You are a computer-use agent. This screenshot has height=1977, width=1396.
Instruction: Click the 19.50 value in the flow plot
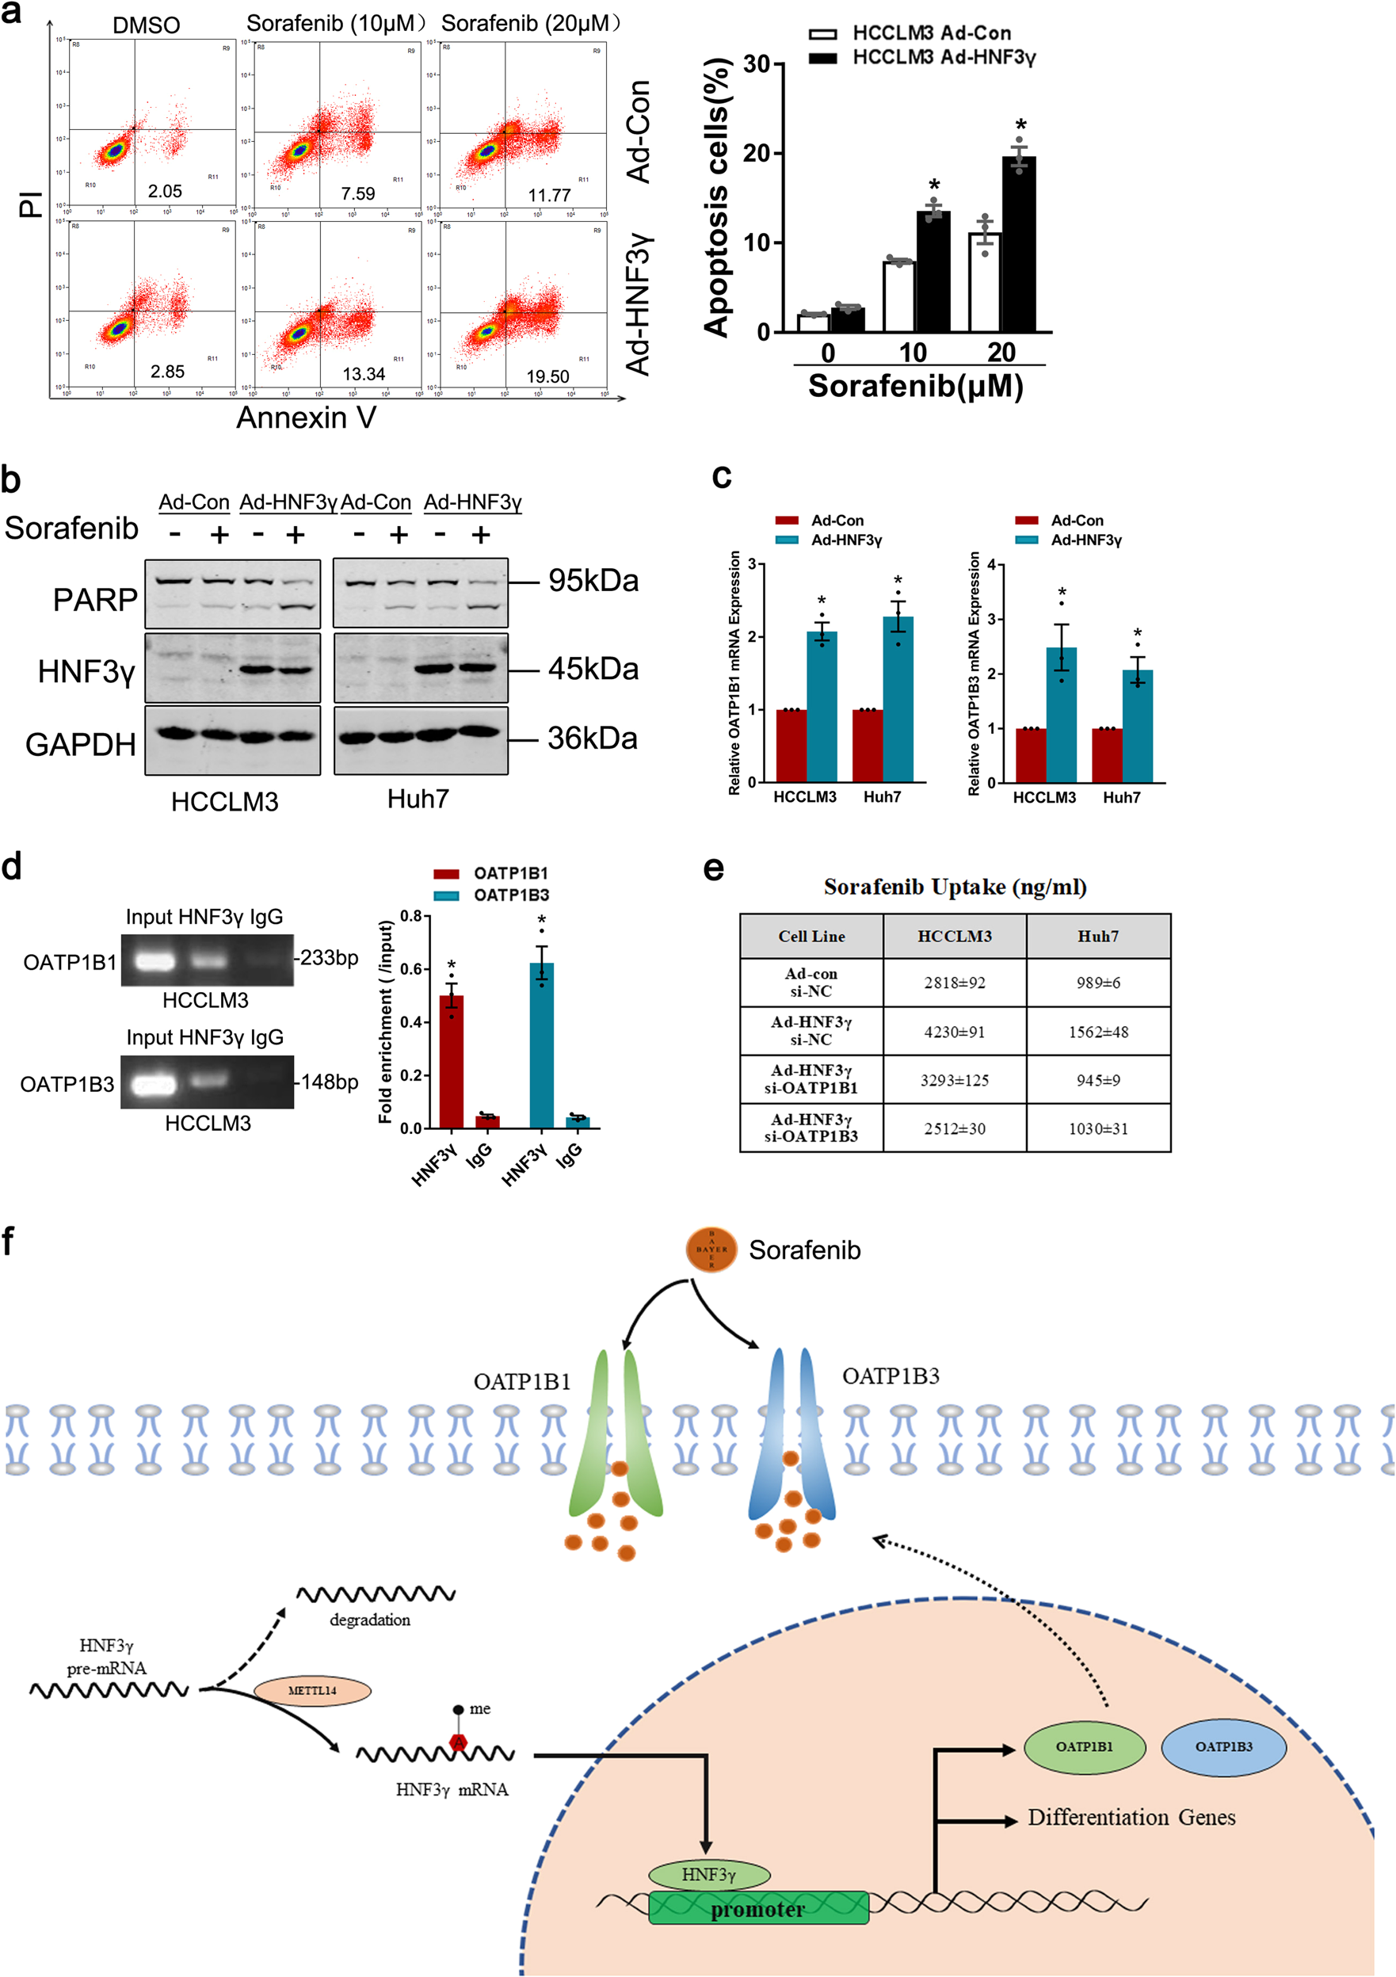(x=547, y=376)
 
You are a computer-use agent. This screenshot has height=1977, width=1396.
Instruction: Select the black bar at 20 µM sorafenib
(x=1019, y=245)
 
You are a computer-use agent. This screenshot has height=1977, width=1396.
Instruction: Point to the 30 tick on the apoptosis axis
(x=756, y=65)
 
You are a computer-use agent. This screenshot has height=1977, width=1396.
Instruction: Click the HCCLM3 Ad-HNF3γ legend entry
(x=943, y=58)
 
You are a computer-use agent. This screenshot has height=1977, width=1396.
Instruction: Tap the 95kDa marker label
(x=593, y=582)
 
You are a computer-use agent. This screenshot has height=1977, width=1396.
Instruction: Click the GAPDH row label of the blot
(x=80, y=744)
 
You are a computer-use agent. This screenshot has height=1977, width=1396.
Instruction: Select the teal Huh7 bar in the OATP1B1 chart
(x=898, y=699)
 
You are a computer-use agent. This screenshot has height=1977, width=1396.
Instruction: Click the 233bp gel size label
(x=329, y=957)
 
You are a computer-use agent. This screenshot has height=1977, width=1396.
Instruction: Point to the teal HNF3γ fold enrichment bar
(x=541, y=1045)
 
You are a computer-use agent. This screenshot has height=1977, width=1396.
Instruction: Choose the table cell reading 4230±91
(x=954, y=1032)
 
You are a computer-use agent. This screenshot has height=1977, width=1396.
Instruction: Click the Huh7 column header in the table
(x=1098, y=936)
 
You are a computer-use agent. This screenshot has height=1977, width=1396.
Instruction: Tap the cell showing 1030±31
(x=1098, y=1128)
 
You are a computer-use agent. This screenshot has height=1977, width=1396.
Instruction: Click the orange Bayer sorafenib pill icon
(x=711, y=1250)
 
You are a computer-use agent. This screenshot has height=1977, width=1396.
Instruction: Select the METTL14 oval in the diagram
(x=311, y=1690)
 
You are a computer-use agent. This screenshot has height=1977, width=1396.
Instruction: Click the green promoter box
(x=758, y=1908)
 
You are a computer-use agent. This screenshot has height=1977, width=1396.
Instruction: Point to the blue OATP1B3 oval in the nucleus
(x=1224, y=1746)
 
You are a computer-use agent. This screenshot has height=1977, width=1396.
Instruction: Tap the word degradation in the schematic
(x=369, y=1620)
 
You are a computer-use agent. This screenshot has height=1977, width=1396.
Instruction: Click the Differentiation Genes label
(x=1131, y=1818)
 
